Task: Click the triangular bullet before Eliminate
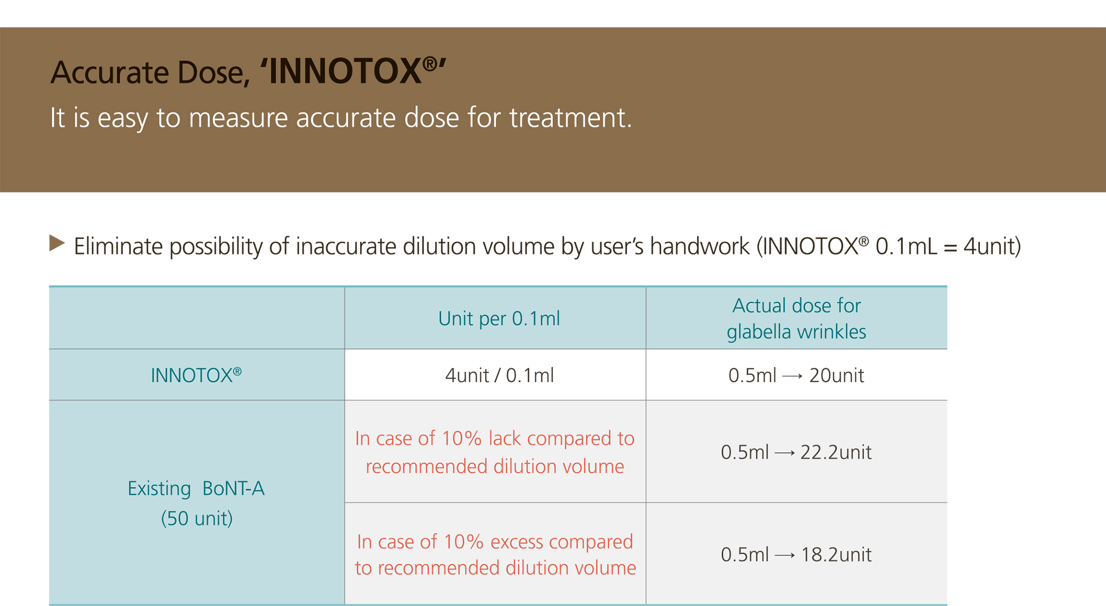click(57, 243)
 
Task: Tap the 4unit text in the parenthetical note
click(988, 246)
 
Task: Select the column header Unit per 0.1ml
click(499, 319)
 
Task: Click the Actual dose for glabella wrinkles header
click(796, 318)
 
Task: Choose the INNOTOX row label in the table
click(196, 375)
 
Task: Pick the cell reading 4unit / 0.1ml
click(499, 376)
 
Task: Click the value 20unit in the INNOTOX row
click(837, 376)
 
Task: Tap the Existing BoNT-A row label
click(196, 488)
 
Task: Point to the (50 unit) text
click(197, 518)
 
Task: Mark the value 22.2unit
click(836, 453)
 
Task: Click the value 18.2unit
click(836, 555)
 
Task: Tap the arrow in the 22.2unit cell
click(785, 453)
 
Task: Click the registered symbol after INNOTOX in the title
click(429, 63)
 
